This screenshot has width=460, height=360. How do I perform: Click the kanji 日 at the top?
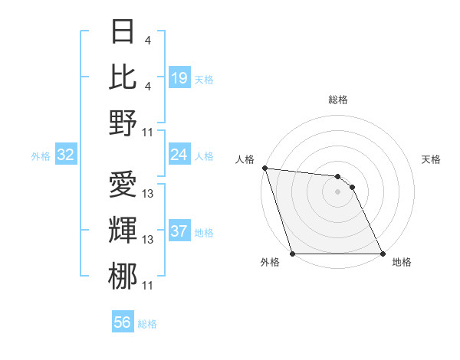[x=123, y=33]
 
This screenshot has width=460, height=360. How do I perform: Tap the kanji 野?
[x=123, y=121]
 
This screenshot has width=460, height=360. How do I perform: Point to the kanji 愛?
[x=123, y=184]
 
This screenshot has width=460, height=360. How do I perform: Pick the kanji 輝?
[x=123, y=228]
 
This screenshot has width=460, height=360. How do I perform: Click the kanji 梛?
[x=123, y=273]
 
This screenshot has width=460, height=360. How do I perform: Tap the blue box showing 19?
[x=179, y=77]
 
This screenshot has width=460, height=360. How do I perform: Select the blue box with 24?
[x=179, y=155]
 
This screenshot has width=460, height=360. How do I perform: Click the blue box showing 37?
[x=179, y=231]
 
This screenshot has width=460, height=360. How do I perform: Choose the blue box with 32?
[x=66, y=155]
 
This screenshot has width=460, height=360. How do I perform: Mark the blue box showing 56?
[x=123, y=322]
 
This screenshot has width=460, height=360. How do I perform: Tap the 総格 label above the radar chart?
[x=337, y=100]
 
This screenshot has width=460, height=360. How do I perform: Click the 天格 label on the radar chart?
[x=431, y=159]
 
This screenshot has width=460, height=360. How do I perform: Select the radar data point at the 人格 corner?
[x=264, y=168]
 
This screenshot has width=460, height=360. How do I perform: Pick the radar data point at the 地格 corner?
[x=382, y=254]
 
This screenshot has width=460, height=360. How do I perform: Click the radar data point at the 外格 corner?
[x=293, y=254]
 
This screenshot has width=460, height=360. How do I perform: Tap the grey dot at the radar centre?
[x=337, y=191]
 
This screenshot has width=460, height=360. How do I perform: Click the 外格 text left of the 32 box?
[x=41, y=156]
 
